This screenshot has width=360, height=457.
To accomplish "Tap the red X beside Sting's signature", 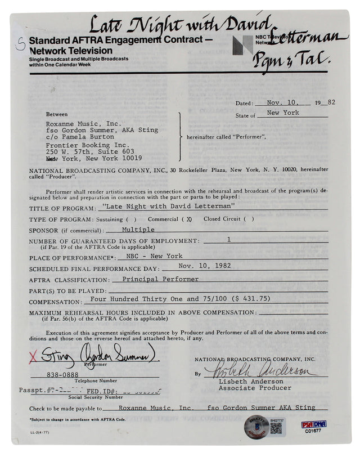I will coord(33,356).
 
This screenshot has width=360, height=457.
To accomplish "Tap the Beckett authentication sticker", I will coord(255,427).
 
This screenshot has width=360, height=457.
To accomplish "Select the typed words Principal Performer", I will coord(156,279).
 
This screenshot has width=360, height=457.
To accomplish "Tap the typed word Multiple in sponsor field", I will coord(138,230).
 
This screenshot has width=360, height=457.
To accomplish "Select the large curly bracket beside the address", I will coord(180,137).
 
